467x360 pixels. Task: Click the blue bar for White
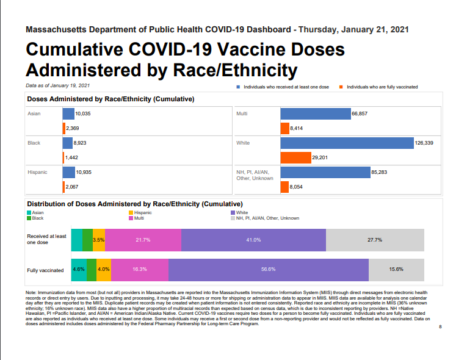(347, 143)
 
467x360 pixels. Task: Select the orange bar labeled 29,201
(295, 157)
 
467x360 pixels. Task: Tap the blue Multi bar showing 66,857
(316, 113)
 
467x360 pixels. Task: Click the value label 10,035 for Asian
(83, 113)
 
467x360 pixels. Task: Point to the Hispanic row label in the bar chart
(37, 172)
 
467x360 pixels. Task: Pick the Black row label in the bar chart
(34, 143)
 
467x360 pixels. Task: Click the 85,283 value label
(379, 172)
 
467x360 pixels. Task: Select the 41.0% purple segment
(253, 240)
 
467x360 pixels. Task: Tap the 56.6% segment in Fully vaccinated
(269, 270)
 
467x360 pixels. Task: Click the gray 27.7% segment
(375, 240)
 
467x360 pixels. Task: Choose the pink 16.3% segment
(140, 270)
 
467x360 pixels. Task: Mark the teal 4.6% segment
(79, 270)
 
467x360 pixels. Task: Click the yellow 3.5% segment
(99, 240)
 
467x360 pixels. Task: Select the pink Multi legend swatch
(131, 218)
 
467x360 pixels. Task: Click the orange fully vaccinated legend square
(341, 87)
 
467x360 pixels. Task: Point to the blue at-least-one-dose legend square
(238, 87)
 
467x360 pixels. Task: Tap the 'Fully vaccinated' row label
(45, 270)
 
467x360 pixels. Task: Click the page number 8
(440, 326)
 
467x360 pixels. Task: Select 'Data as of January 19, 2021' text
(57, 85)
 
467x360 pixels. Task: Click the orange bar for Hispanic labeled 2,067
(63, 187)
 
